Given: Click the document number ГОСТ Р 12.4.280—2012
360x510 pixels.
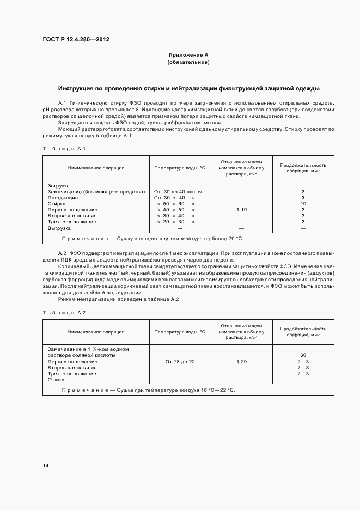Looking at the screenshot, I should (80, 39).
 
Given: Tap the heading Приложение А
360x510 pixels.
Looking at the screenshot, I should (188, 55).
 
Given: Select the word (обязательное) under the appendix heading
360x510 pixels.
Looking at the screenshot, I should (188, 62).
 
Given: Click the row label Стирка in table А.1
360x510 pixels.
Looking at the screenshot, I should (57, 204).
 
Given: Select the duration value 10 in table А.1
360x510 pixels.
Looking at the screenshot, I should (303, 204).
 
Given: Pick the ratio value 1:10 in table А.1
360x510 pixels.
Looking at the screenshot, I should (241, 210).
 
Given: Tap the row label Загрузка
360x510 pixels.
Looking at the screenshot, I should (59, 186).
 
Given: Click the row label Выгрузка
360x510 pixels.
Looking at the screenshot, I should (59, 228).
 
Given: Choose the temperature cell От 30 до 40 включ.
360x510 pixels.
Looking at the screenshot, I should (179, 192).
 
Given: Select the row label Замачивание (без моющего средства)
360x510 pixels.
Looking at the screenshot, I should (96, 192).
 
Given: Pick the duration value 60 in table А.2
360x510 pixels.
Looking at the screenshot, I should (303, 355).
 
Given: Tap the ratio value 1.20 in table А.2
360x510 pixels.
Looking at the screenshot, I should (241, 362).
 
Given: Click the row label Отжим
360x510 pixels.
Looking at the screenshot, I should (56, 380).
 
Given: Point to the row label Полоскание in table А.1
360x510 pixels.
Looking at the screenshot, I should (63, 198).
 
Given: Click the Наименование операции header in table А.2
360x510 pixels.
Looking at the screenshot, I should (96, 332).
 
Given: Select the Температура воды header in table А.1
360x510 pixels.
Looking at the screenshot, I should (180, 168).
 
